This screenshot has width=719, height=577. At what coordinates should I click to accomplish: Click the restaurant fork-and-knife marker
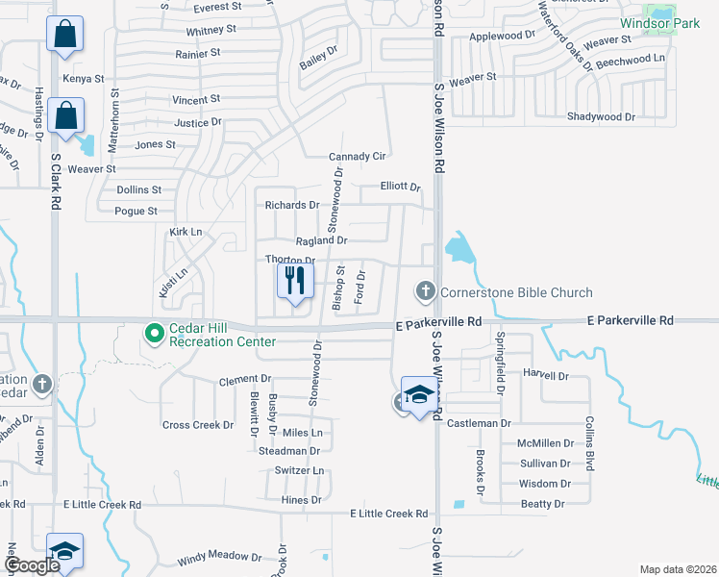[295, 281]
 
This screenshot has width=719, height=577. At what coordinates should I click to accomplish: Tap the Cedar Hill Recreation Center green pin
[153, 334]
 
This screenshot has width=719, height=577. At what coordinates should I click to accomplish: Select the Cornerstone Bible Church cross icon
[425, 290]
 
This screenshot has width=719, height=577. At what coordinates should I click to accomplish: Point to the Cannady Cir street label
[357, 157]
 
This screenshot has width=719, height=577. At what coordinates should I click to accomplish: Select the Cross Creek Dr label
[198, 425]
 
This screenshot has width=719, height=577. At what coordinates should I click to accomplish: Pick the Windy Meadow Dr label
[219, 558]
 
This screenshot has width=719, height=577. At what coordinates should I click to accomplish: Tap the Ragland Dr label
[321, 240]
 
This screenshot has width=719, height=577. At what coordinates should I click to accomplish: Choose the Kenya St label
[82, 79]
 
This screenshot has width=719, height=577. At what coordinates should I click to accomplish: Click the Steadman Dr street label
[288, 451]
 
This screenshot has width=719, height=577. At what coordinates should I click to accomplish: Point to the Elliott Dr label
[400, 188]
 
